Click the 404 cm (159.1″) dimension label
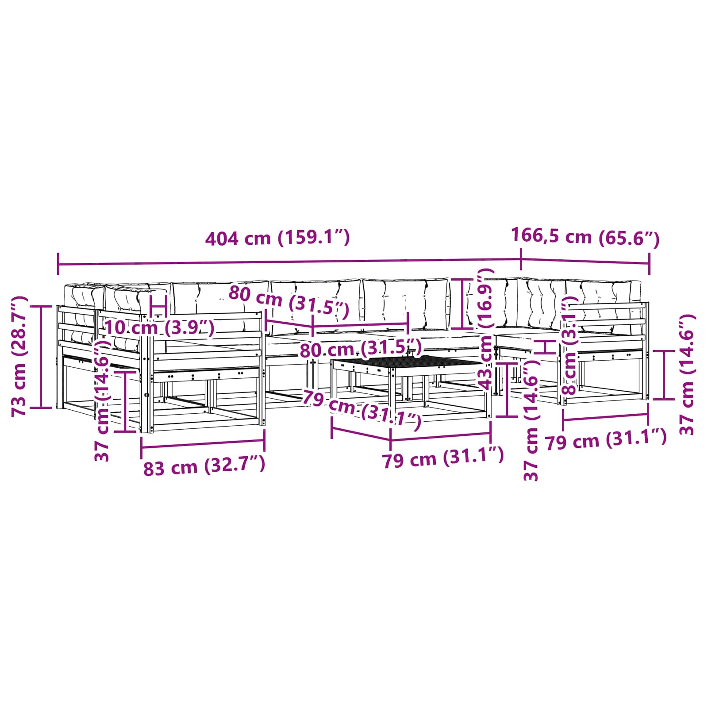pos(277,238)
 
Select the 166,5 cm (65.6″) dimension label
pos(585,237)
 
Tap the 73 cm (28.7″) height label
pos(19,356)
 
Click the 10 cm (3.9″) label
pos(160,328)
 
